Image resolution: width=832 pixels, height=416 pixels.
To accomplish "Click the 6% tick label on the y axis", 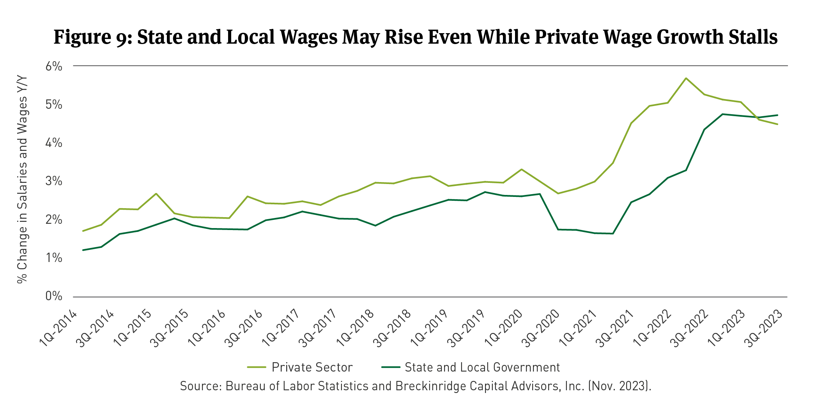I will point(54,66).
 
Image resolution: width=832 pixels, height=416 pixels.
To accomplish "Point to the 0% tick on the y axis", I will point(54,296).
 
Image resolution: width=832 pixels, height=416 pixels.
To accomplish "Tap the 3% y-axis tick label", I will point(54,181).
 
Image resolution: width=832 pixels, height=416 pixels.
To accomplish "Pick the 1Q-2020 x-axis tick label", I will point(504,328).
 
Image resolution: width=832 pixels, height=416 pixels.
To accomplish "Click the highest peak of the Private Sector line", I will point(686,78).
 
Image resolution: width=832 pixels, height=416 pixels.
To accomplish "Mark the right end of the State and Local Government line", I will point(778,115).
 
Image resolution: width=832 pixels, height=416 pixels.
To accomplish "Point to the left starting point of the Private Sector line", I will point(83,231).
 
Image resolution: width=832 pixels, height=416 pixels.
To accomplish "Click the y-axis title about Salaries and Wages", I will point(22,179).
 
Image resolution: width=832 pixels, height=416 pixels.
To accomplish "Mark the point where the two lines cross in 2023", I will point(756,117).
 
